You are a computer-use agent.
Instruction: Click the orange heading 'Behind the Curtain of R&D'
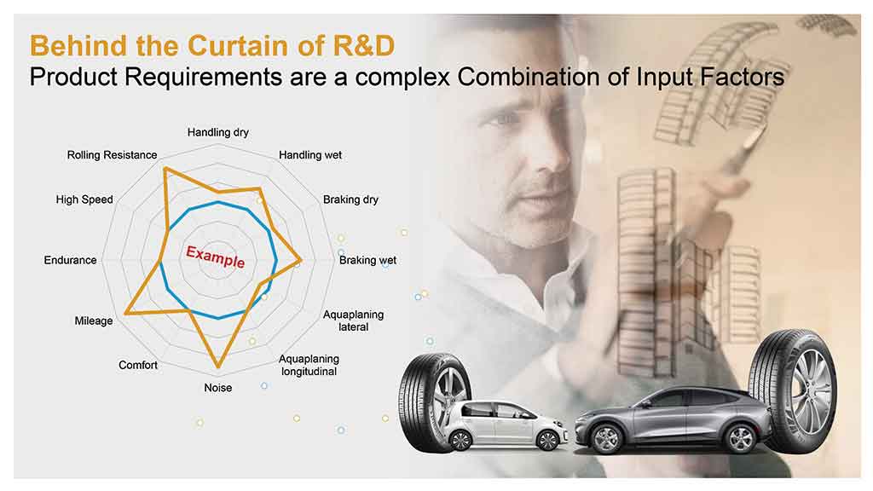point(212,46)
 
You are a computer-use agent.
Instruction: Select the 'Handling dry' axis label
point(217,132)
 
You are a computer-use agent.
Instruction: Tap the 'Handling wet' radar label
point(310,155)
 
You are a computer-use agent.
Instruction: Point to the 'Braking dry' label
point(350,199)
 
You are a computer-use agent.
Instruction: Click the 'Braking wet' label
point(368,260)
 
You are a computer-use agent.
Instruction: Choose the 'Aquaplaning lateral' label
point(354,321)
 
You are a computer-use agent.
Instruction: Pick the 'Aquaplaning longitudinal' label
point(309,365)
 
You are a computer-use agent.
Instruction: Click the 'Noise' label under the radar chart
point(217,388)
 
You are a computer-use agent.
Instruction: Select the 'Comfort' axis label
point(138,365)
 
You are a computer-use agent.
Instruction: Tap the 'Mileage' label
point(94,321)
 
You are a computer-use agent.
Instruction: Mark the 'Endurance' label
point(70,260)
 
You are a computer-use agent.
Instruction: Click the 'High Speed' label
point(84,199)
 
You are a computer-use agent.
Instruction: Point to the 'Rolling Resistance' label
point(112,155)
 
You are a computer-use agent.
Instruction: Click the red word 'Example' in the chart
point(216,257)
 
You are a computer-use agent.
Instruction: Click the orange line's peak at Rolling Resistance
point(165,168)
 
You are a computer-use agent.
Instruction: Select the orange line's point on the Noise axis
point(218,367)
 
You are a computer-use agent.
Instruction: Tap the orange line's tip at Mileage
point(125,313)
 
